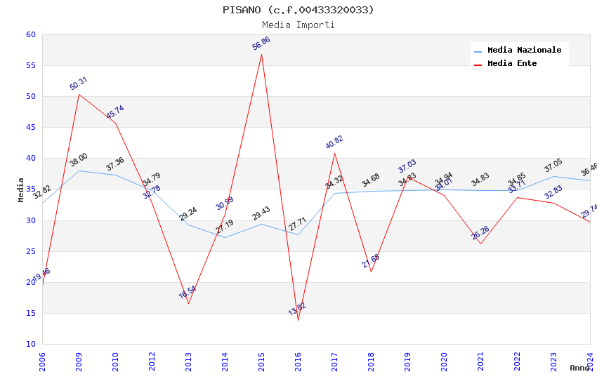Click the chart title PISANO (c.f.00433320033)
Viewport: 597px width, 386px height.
point(298,10)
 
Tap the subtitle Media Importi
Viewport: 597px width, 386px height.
point(298,25)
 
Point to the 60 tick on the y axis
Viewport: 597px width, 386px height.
point(30,35)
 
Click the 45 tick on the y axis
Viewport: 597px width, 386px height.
point(30,128)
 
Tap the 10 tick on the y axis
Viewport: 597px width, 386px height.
point(30,344)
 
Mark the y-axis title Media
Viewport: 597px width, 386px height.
point(21,189)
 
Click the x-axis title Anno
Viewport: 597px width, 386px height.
point(580,368)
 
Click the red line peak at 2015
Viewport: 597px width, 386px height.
point(261,54)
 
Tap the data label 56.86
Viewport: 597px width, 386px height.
point(261,44)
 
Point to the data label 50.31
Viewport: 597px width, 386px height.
point(79,84)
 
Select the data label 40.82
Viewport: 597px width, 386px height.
point(334,142)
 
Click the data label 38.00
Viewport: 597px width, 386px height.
point(79,161)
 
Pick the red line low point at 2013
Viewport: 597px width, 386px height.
point(188,303)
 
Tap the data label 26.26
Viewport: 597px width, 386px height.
point(480,233)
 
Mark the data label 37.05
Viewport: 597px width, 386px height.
point(553,166)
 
